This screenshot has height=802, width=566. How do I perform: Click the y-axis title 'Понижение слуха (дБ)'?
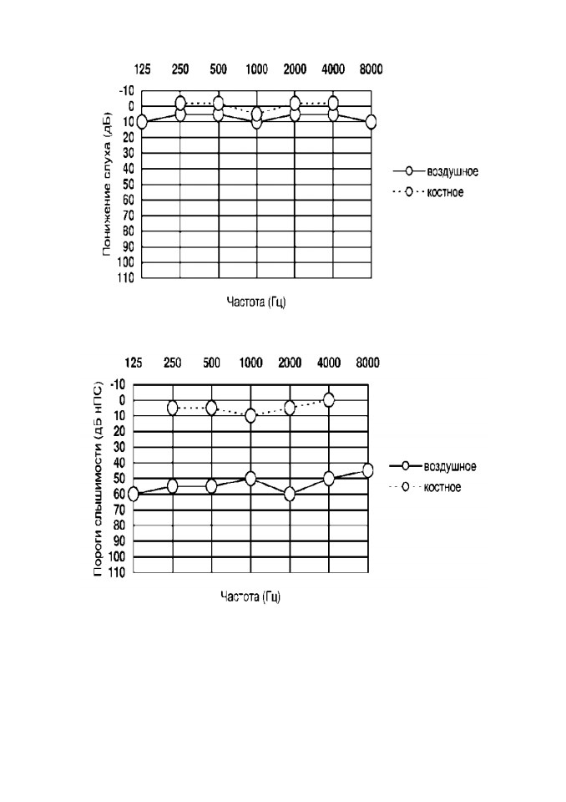106,183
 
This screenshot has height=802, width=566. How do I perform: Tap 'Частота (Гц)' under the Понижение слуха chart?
256,302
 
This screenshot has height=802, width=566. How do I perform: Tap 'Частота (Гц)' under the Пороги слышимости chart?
250,596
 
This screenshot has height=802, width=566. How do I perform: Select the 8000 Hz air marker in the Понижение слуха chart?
371,122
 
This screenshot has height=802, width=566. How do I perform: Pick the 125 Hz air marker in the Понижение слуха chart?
142,122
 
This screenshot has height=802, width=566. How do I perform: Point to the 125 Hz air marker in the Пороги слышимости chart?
134,494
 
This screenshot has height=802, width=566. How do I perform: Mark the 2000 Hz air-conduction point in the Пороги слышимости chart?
290,494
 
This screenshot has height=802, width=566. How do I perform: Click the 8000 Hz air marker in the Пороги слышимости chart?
367,470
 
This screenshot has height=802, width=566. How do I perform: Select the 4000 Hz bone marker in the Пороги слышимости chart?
329,400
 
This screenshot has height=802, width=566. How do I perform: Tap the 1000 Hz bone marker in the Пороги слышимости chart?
250,416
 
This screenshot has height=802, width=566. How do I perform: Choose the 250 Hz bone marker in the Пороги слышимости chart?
172,408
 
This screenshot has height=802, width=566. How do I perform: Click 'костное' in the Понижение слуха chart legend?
445,192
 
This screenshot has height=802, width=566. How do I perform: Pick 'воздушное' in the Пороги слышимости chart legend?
450,466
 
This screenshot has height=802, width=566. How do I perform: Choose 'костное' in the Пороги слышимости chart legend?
442,487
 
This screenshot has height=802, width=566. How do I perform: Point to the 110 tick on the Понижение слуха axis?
125,277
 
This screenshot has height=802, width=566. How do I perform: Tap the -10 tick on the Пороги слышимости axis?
118,384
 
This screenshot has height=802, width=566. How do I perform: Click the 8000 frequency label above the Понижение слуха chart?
371,69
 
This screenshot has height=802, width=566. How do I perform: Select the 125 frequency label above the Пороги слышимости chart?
134,363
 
